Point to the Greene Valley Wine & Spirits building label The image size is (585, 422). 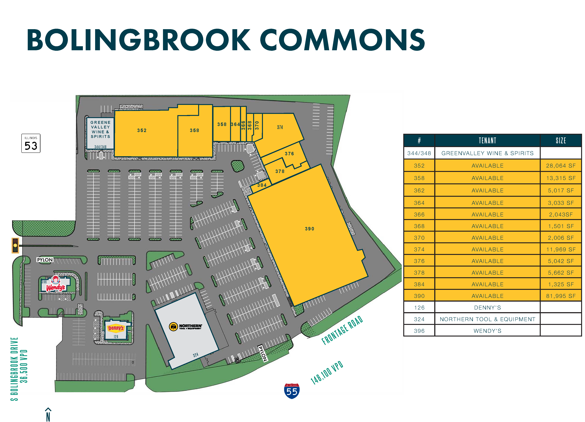(100, 129)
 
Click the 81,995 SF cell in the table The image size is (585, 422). (561, 296)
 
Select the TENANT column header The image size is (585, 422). (487, 141)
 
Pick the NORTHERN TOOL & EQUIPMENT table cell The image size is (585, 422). (487, 319)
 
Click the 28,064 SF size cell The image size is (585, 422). (561, 166)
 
